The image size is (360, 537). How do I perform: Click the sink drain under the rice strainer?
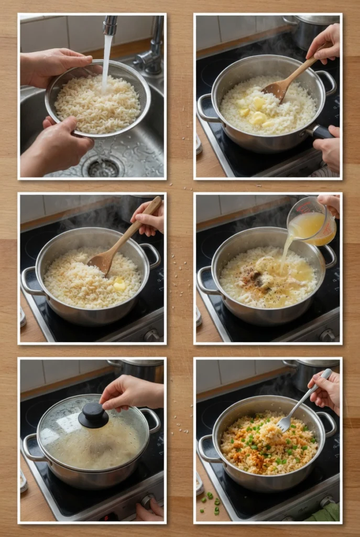103,167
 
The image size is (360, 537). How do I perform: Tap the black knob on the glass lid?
93,415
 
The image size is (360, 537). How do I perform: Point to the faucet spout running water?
110,26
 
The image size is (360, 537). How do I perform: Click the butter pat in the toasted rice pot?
119,285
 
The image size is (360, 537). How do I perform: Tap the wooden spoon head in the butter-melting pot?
277,89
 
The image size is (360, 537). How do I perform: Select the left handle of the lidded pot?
31,446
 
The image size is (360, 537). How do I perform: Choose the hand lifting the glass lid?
131,393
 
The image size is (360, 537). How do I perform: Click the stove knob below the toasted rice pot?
151,335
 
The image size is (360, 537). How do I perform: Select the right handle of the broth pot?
330,255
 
